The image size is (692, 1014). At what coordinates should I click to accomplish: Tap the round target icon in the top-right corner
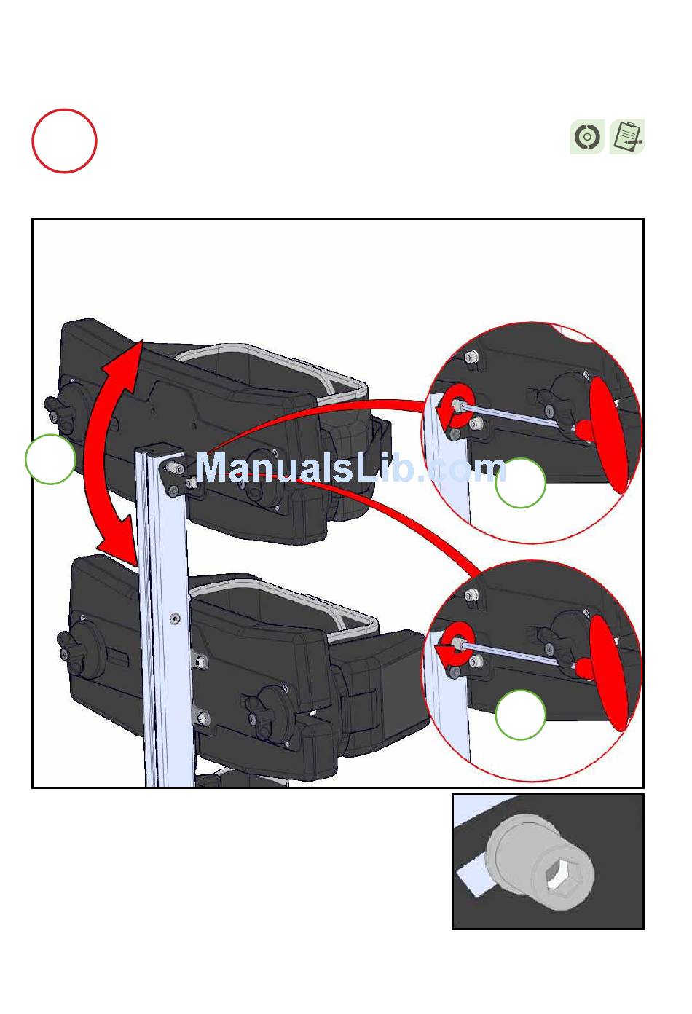(587, 137)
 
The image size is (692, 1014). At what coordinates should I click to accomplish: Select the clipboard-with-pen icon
(627, 137)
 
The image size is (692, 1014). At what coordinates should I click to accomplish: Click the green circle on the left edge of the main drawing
(50, 459)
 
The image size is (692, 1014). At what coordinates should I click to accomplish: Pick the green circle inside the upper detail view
(521, 482)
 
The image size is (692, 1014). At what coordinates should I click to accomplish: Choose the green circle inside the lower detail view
(521, 715)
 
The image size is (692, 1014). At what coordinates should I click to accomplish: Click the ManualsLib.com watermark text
(351, 468)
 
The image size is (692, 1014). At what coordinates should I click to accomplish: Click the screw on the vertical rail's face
(175, 618)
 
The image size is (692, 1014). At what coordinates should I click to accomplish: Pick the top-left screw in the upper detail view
(471, 357)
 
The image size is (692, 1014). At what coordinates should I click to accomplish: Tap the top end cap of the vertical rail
(158, 450)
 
